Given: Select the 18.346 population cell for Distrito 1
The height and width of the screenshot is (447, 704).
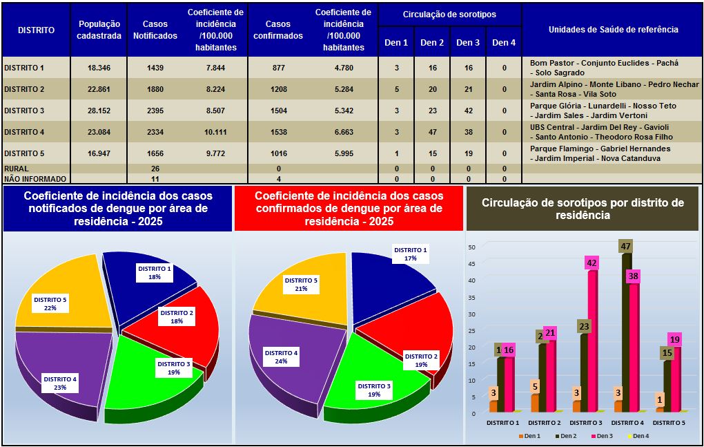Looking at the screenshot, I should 99,68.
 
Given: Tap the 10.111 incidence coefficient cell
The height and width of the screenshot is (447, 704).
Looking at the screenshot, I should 215,132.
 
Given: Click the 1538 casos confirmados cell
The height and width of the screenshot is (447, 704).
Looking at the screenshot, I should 278,132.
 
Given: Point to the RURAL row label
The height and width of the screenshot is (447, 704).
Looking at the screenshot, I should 17,169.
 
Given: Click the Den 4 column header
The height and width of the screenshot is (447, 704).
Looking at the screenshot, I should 504,43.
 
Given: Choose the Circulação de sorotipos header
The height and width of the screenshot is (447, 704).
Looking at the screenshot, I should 449,15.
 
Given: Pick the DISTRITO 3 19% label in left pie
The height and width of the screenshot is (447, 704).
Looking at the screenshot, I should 173,368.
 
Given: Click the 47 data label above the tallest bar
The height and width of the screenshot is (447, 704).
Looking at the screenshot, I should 625,246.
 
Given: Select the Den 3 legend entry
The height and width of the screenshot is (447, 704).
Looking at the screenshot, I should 602,436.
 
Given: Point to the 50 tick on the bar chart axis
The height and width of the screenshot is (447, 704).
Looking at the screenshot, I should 472,247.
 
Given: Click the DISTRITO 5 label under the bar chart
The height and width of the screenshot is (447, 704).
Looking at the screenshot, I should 667,422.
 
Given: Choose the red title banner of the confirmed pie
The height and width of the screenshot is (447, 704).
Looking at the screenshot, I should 348,207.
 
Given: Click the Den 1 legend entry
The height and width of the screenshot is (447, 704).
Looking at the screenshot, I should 530,436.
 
